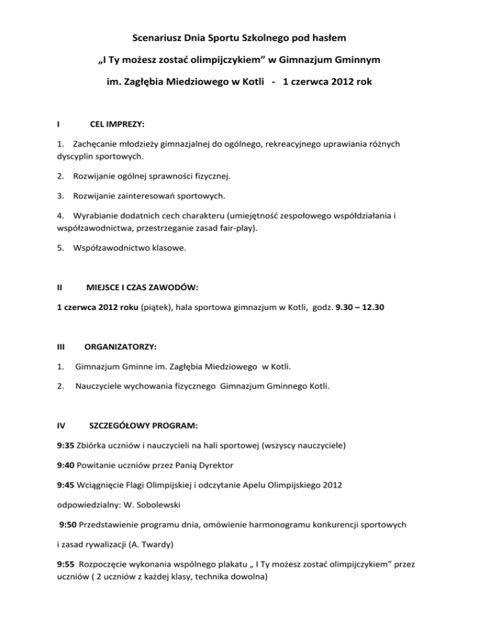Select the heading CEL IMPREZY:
114,125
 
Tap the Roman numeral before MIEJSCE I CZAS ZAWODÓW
59,288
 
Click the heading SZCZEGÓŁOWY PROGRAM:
144,427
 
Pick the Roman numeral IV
62,427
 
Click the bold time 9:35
66,446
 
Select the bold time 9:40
66,465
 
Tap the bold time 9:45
66,485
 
